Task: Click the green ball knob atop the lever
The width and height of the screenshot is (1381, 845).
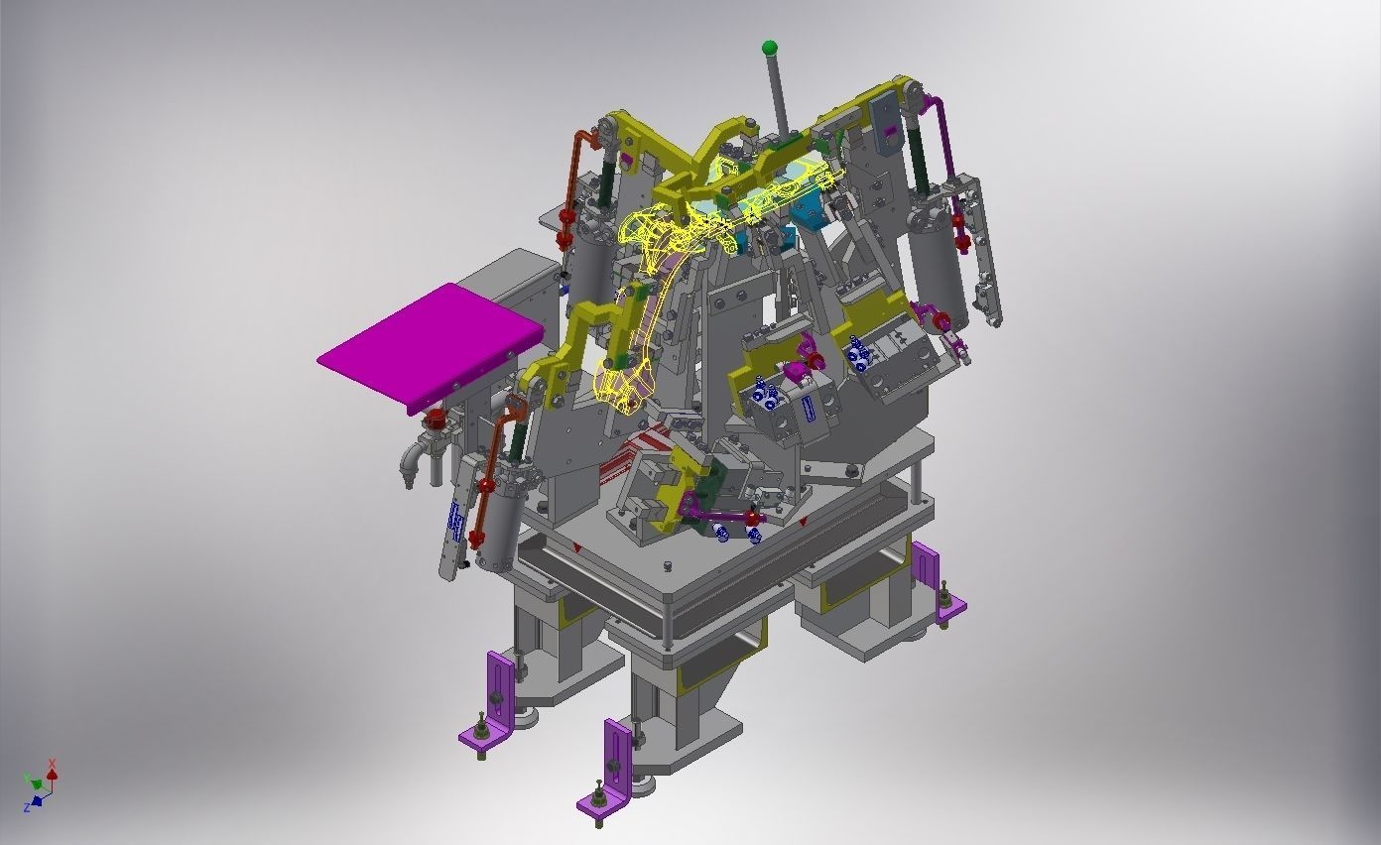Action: click(770, 48)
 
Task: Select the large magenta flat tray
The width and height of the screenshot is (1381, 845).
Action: click(432, 346)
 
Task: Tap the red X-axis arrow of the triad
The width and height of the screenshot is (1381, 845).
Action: click(53, 771)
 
